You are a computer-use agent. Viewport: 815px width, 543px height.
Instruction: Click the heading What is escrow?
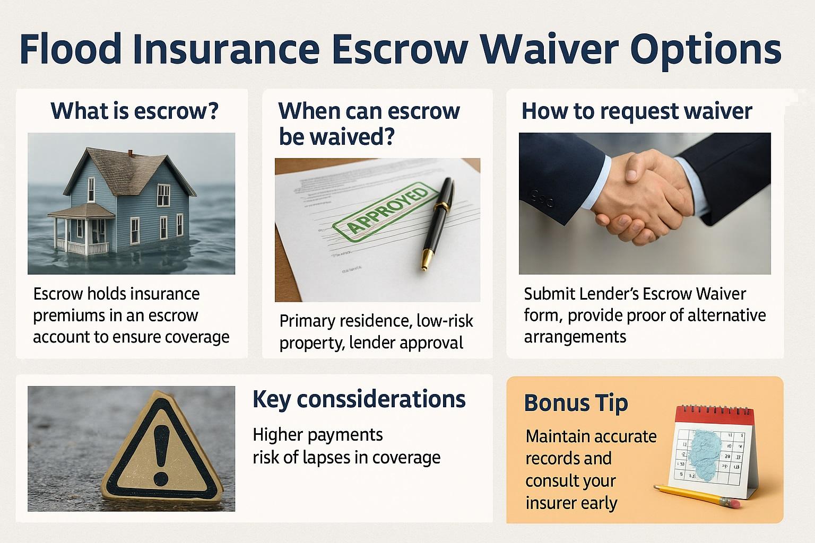[135, 111]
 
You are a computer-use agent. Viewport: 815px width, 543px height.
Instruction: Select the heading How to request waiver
[637, 111]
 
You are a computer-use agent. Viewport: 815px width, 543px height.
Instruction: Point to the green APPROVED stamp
[386, 212]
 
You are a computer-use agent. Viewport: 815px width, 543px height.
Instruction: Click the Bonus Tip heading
[576, 404]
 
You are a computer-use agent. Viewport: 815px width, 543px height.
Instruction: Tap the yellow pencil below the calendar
[697, 496]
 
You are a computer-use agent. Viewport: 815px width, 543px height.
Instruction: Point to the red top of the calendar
[714, 415]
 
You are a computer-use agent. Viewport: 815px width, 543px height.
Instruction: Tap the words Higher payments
[318, 435]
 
